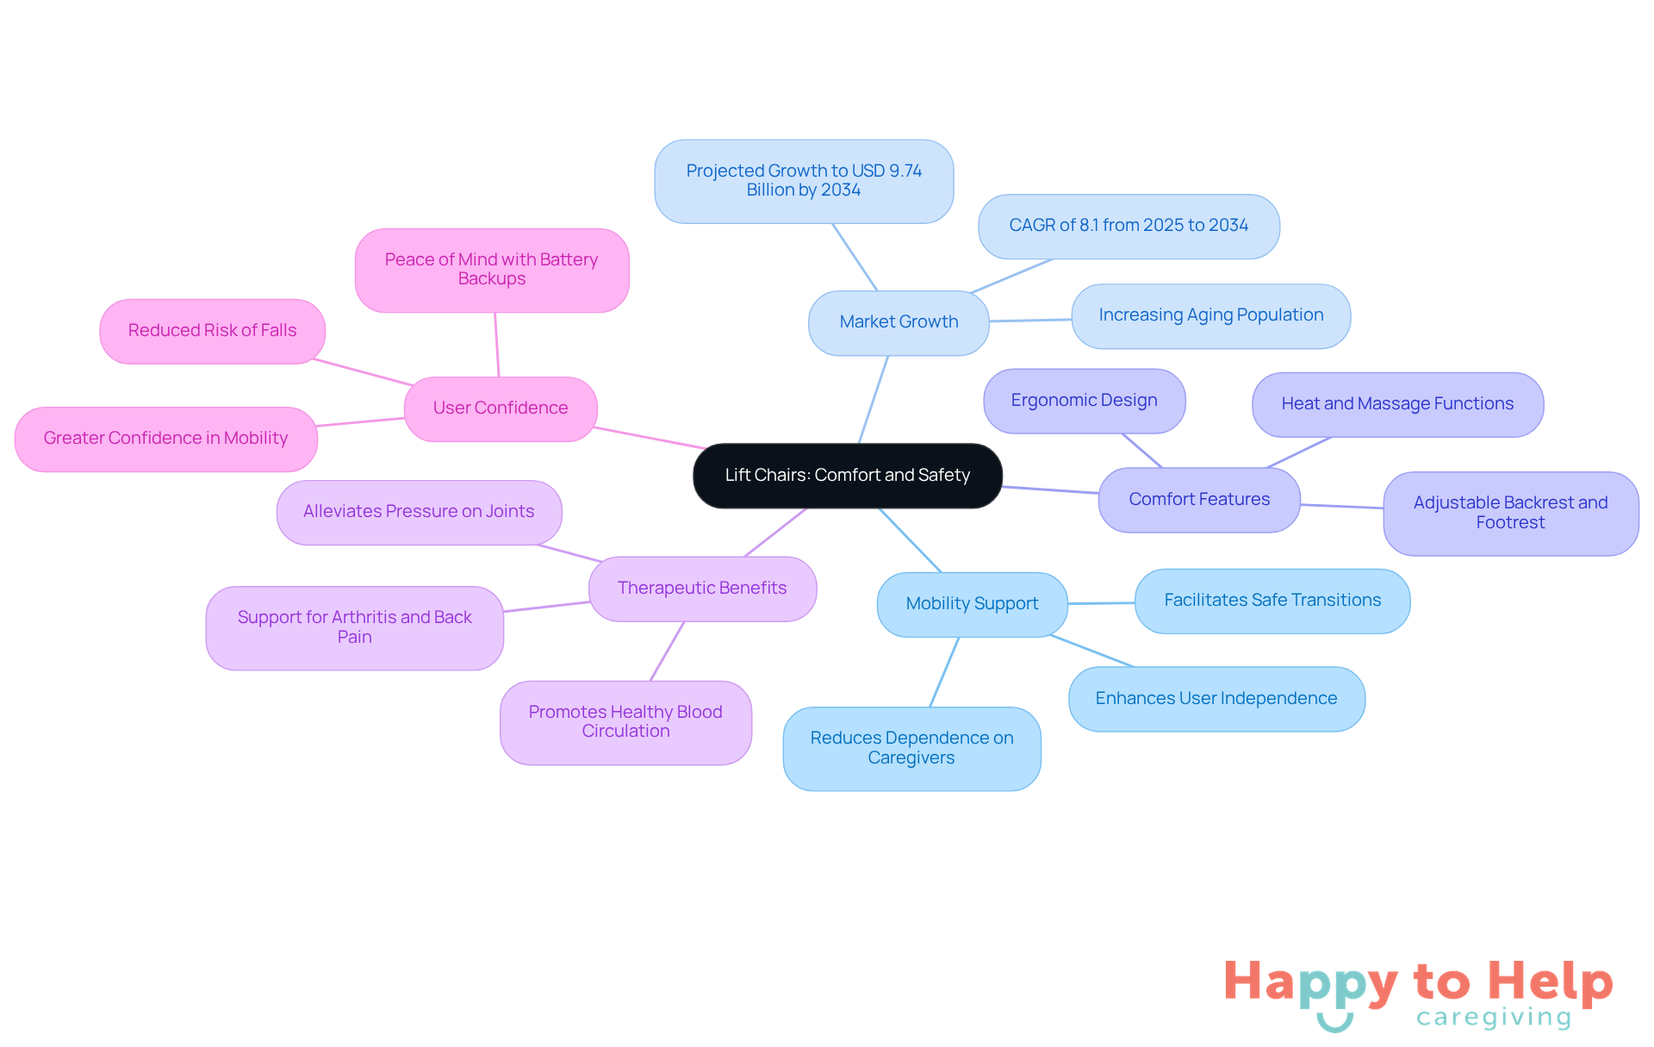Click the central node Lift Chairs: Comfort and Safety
(848, 476)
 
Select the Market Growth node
(899, 322)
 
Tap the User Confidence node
(501, 408)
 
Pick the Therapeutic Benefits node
(702, 589)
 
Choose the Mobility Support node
(973, 604)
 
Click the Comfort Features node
(1199, 500)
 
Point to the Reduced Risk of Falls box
(213, 331)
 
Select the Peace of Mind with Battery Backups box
(492, 270)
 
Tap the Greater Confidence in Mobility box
(166, 439)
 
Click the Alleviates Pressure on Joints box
(419, 512)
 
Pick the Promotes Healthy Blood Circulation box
(625, 722)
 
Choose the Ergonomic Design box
(1085, 401)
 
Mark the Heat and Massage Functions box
(1397, 404)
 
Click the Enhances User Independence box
(1216, 699)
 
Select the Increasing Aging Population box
(1211, 315)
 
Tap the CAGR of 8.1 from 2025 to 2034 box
(1129, 226)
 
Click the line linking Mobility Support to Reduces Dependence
(944, 672)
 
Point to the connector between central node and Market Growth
(874, 400)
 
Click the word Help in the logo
(1551, 982)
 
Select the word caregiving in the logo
(1494, 1018)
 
